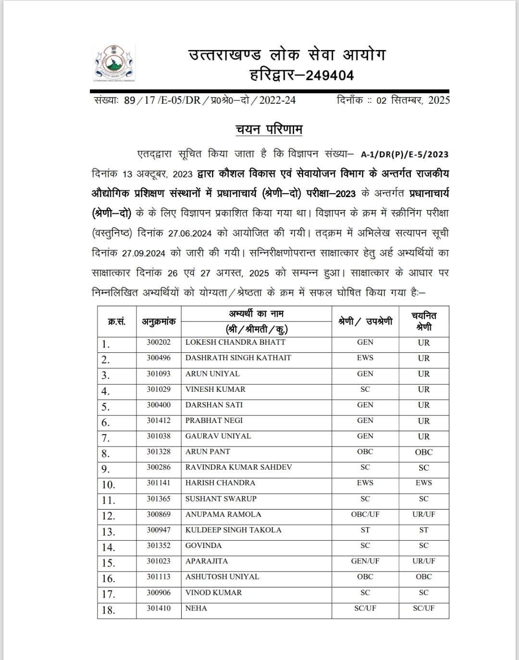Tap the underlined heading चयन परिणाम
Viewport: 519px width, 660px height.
click(x=269, y=130)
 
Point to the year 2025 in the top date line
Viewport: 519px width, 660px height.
click(x=439, y=100)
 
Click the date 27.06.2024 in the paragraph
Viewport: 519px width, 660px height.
click(x=190, y=233)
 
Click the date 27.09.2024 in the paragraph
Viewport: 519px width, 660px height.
click(x=144, y=253)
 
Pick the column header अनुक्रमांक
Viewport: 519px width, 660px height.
click(x=159, y=322)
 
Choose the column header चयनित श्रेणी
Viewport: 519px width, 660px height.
click(x=424, y=321)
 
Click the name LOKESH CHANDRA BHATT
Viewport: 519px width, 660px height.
click(x=235, y=342)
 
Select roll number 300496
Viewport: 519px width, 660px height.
click(x=159, y=358)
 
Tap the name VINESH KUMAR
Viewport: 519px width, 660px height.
click(x=215, y=389)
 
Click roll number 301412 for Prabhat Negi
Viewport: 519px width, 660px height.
click(x=159, y=421)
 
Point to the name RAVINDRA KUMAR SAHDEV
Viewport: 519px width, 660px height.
click(x=239, y=467)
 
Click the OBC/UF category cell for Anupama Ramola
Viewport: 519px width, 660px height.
click(x=365, y=514)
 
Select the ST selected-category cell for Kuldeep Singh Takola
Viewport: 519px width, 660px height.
click(x=424, y=530)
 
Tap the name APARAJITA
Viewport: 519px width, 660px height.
click(x=207, y=561)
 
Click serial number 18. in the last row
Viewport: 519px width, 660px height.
click(x=108, y=610)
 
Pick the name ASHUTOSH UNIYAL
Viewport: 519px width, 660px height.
click(x=222, y=576)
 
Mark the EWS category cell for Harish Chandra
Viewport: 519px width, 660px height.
click(x=365, y=483)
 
